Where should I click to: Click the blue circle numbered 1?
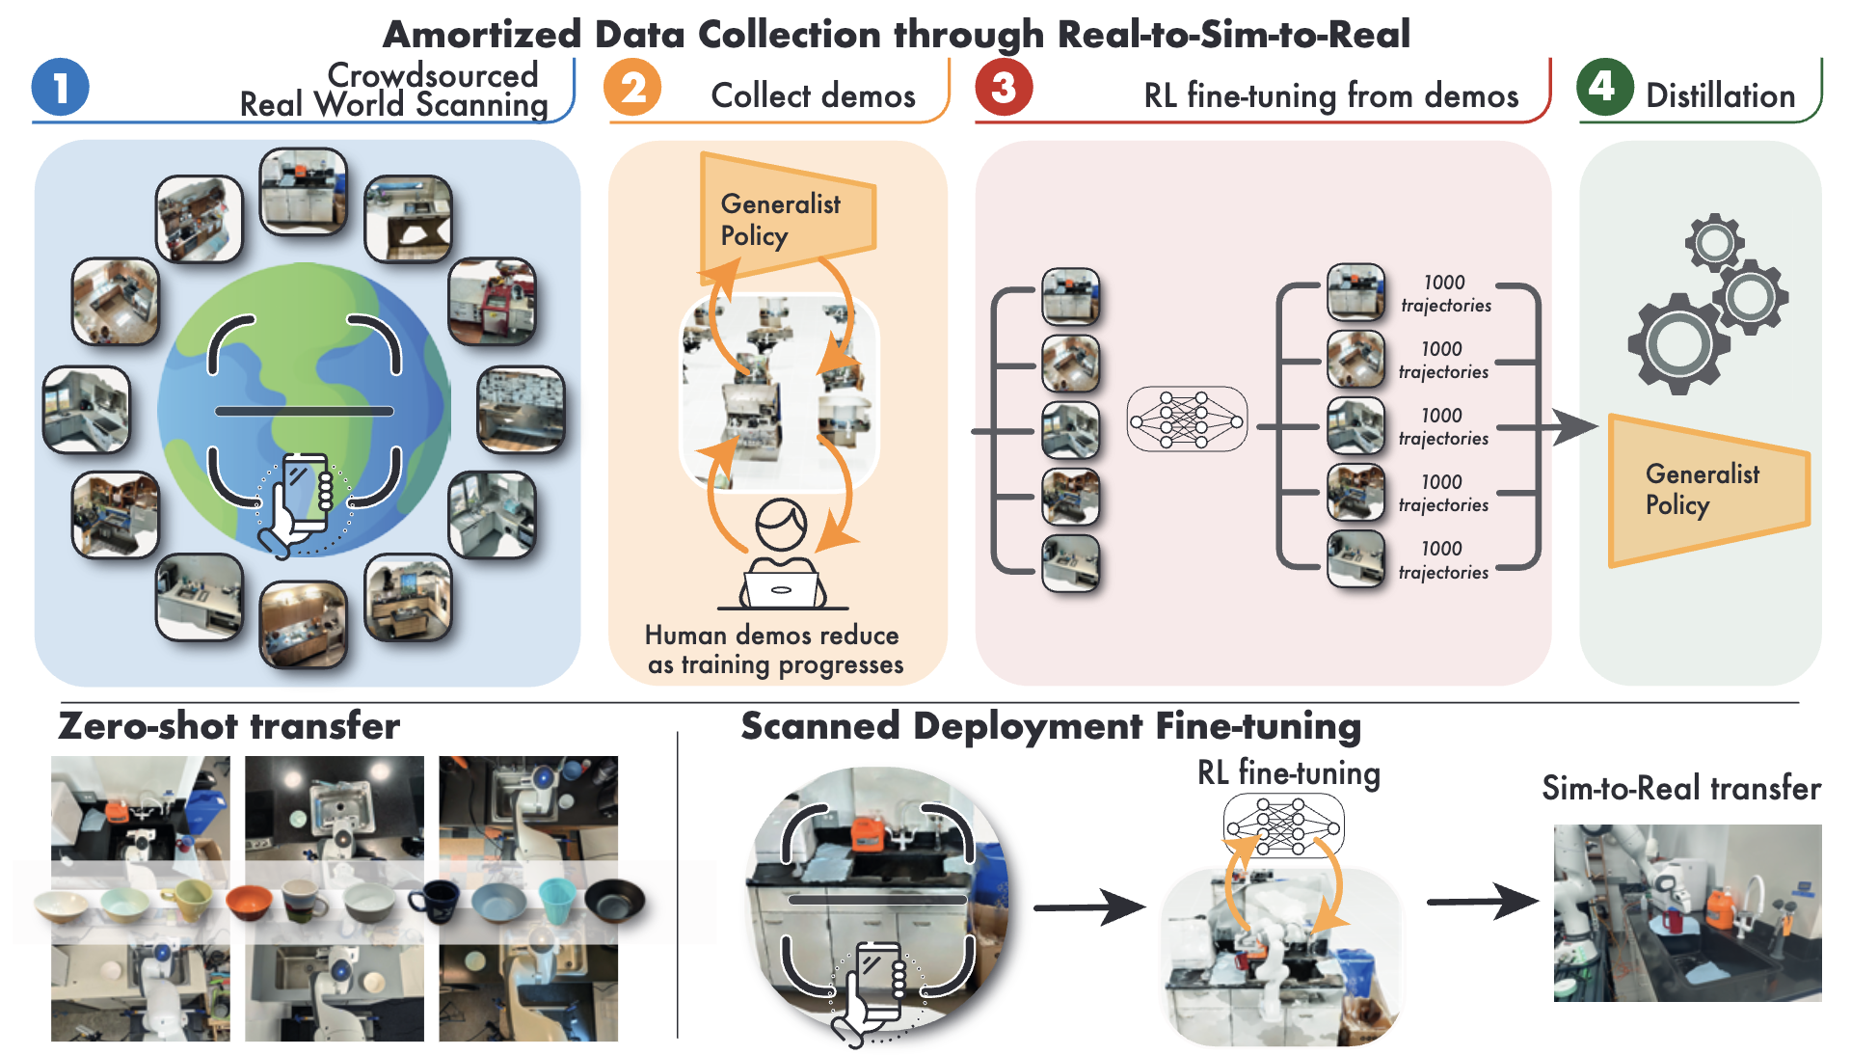[60, 88]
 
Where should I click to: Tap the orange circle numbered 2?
[632, 88]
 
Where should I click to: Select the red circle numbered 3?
[1004, 88]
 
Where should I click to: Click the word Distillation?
[1720, 95]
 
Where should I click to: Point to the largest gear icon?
[1678, 343]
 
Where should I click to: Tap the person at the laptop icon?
[782, 556]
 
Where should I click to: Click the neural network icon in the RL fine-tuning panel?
[1186, 419]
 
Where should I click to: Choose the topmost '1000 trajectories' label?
[1445, 294]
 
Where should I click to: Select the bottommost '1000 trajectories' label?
[1442, 560]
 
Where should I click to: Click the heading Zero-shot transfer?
[228, 726]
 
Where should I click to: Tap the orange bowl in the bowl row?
[249, 903]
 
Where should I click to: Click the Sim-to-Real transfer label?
[1680, 788]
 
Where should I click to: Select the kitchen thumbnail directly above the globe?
[304, 191]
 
